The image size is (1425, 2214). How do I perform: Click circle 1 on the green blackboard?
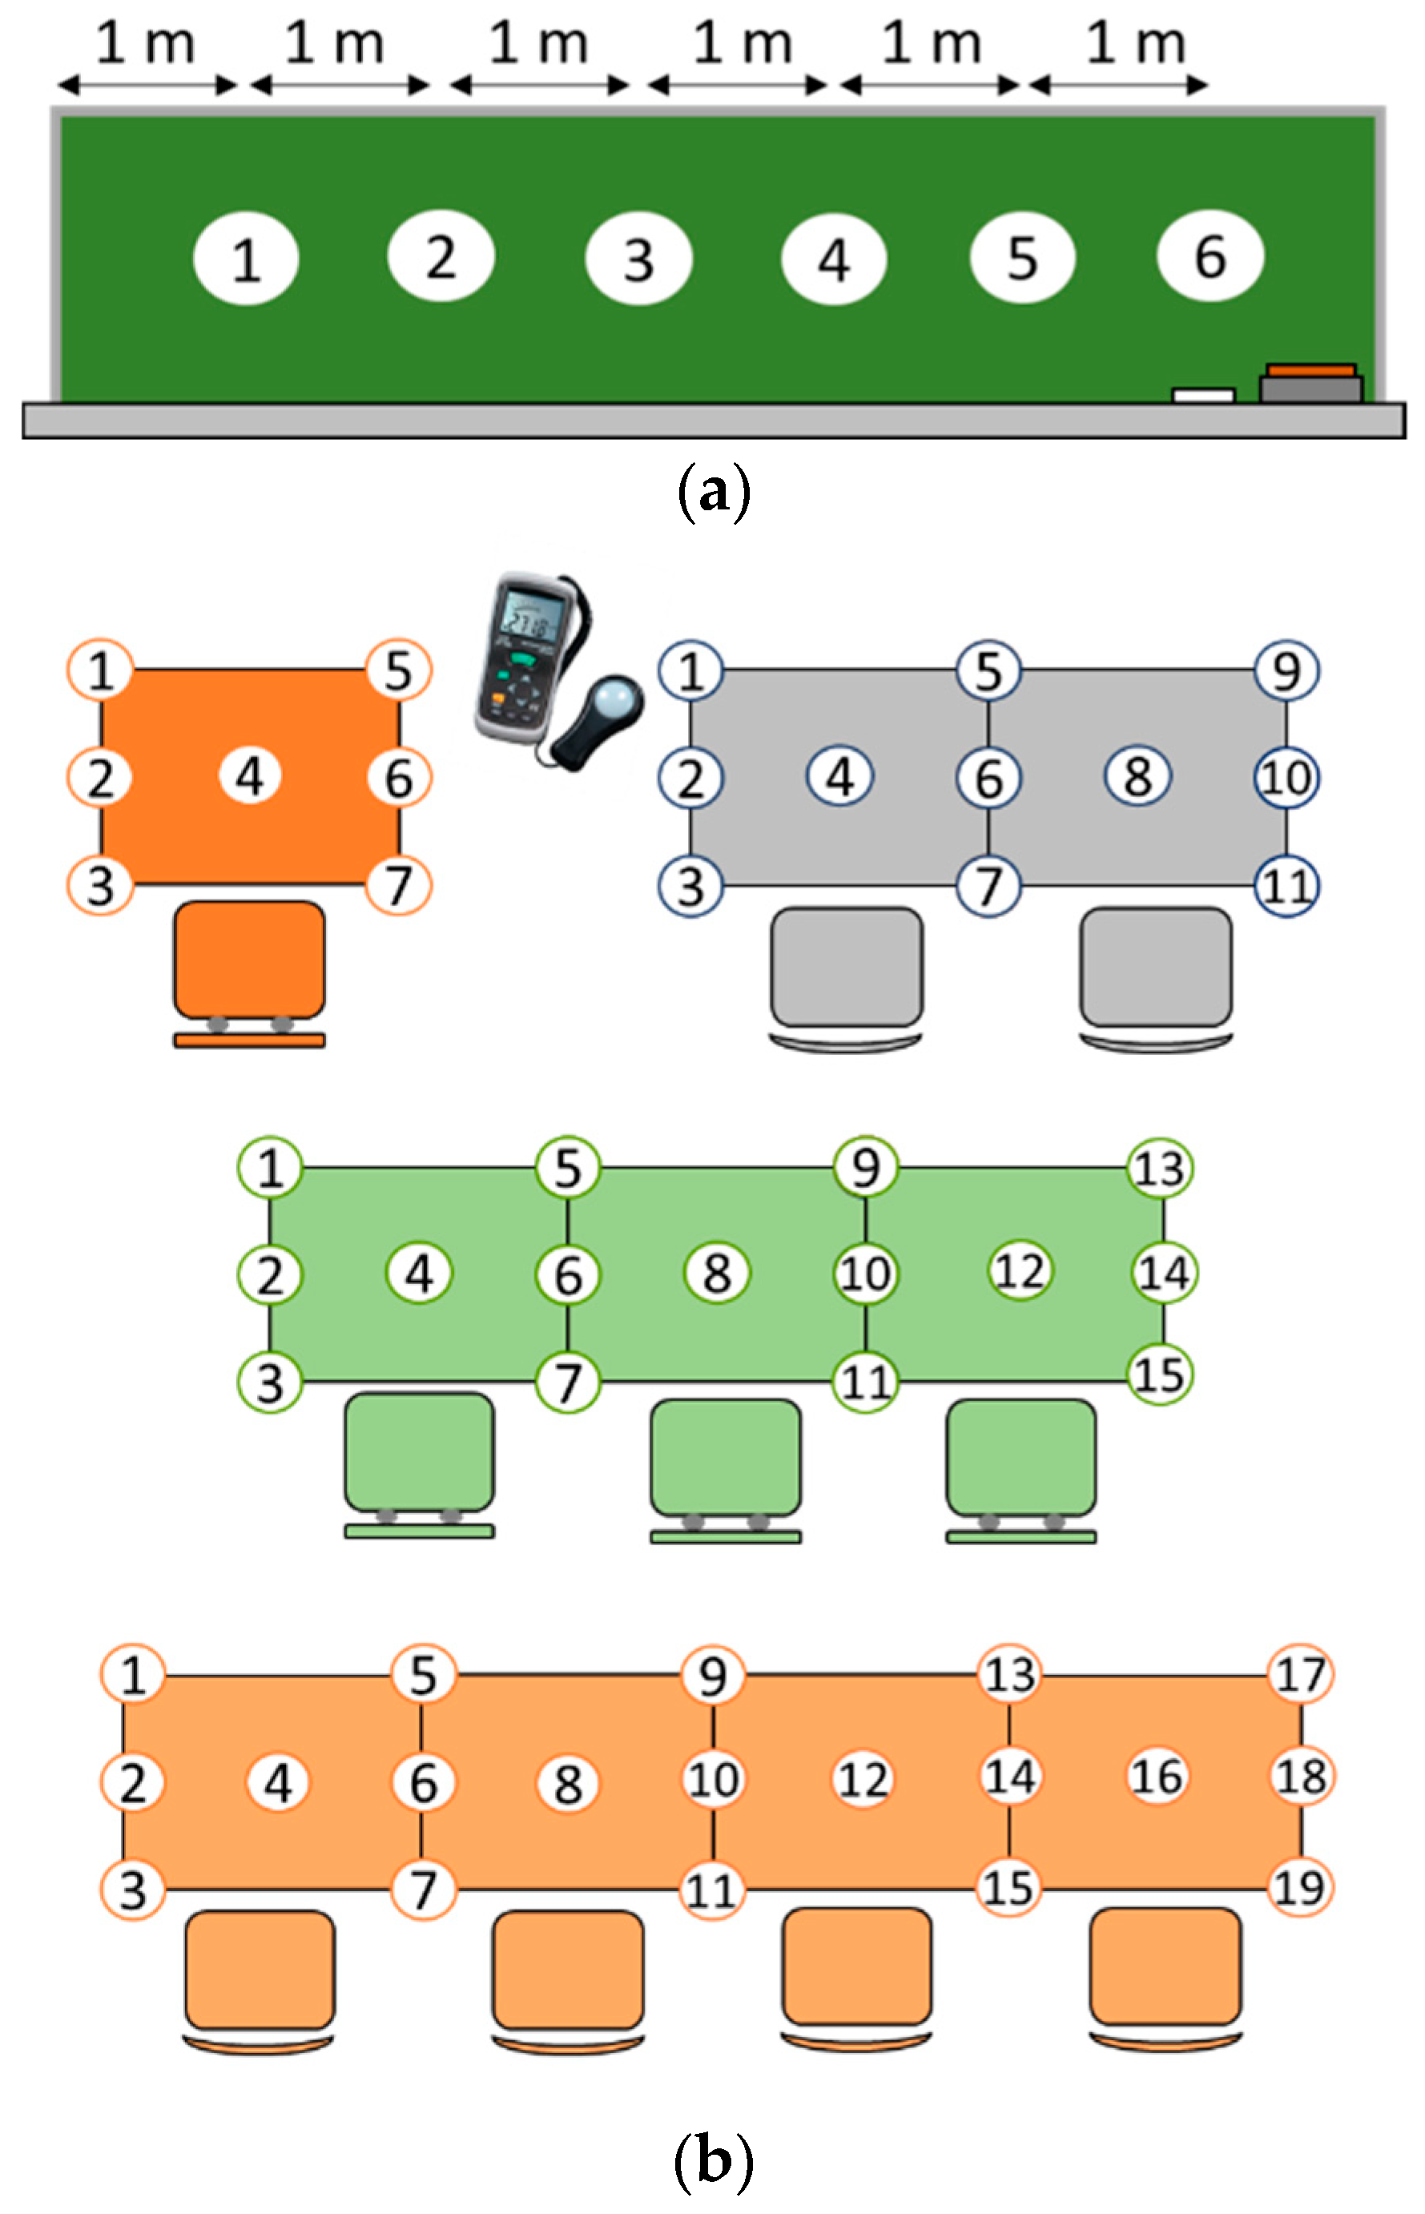click(246, 259)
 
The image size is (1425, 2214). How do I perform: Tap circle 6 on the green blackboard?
click(1210, 256)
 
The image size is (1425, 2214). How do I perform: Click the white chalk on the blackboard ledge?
click(1203, 395)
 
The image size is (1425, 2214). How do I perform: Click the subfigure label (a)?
click(714, 492)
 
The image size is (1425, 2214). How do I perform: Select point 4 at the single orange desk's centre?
click(250, 776)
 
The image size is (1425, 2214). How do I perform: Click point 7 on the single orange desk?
click(399, 885)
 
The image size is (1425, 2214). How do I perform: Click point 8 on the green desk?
click(717, 1273)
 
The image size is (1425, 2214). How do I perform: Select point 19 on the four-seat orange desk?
click(1300, 1887)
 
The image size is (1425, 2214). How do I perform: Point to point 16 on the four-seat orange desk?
click(1157, 1777)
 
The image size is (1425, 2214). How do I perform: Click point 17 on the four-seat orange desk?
click(1301, 1675)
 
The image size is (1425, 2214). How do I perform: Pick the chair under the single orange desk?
click(250, 962)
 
